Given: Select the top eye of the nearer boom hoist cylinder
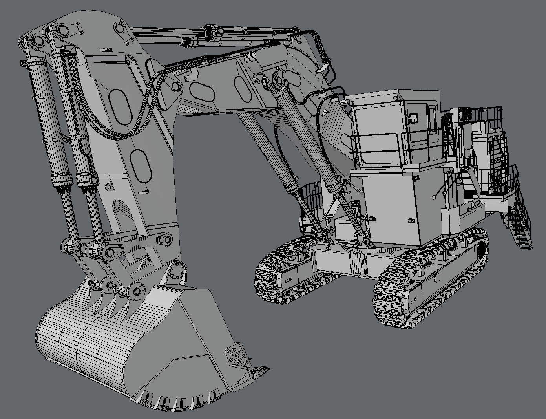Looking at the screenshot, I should [x=279, y=81].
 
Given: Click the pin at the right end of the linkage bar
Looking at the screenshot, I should [x=165, y=240].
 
